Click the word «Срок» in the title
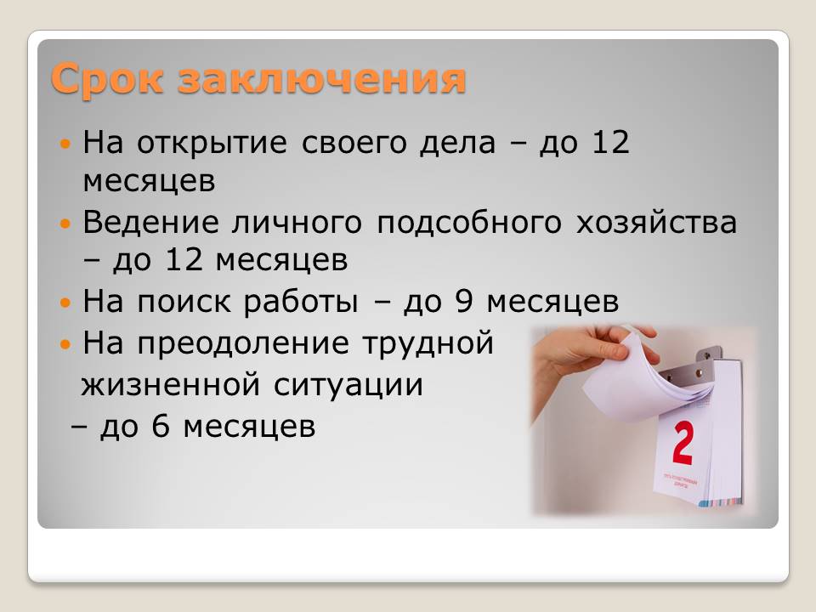(107, 79)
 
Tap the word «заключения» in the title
(321, 79)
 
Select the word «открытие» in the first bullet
(212, 143)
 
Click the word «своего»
(354, 143)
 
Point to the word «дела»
(458, 143)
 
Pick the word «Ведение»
(151, 223)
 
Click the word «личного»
(297, 223)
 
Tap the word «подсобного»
(469, 223)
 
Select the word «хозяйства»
(657, 223)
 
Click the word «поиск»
(184, 302)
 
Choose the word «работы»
(301, 302)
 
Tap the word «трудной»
(428, 343)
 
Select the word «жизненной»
(170, 385)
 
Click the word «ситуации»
(348, 385)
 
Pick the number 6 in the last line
(161, 426)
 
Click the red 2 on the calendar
(683, 443)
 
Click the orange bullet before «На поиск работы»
(65, 303)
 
